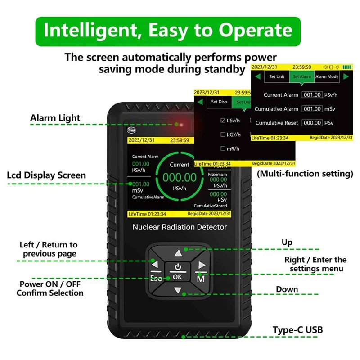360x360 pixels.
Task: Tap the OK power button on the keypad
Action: point(178,272)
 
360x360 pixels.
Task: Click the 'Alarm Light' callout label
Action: point(55,118)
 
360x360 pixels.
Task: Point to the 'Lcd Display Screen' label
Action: point(46,175)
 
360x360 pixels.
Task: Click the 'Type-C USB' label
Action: point(297,329)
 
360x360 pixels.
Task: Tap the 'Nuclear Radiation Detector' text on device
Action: point(180,227)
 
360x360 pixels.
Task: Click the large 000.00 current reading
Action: point(180,178)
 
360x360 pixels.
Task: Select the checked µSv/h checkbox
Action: point(223,121)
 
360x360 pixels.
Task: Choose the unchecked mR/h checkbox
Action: point(223,148)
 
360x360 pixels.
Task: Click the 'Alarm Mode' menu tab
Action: point(327,76)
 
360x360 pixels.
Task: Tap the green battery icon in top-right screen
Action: point(346,67)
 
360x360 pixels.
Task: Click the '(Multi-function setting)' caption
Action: point(304,173)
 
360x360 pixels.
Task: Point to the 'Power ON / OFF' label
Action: point(50,284)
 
